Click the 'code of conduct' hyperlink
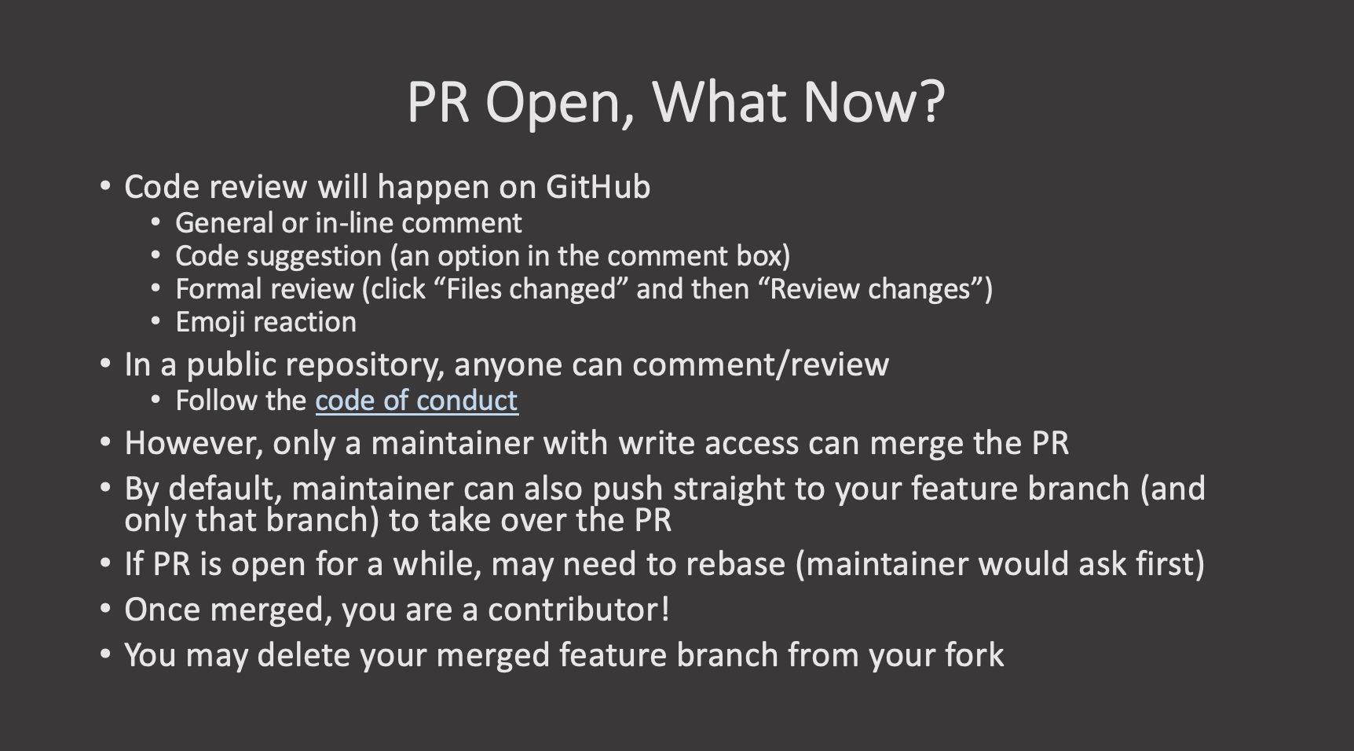tap(416, 401)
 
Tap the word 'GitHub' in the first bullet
tap(598, 187)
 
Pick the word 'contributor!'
tap(579, 610)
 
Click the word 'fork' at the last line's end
tap(975, 655)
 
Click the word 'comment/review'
tap(760, 365)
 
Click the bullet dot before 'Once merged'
tap(106, 609)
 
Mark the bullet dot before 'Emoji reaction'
tap(157, 321)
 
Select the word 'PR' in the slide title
tap(438, 102)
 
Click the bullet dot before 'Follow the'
tap(157, 400)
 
